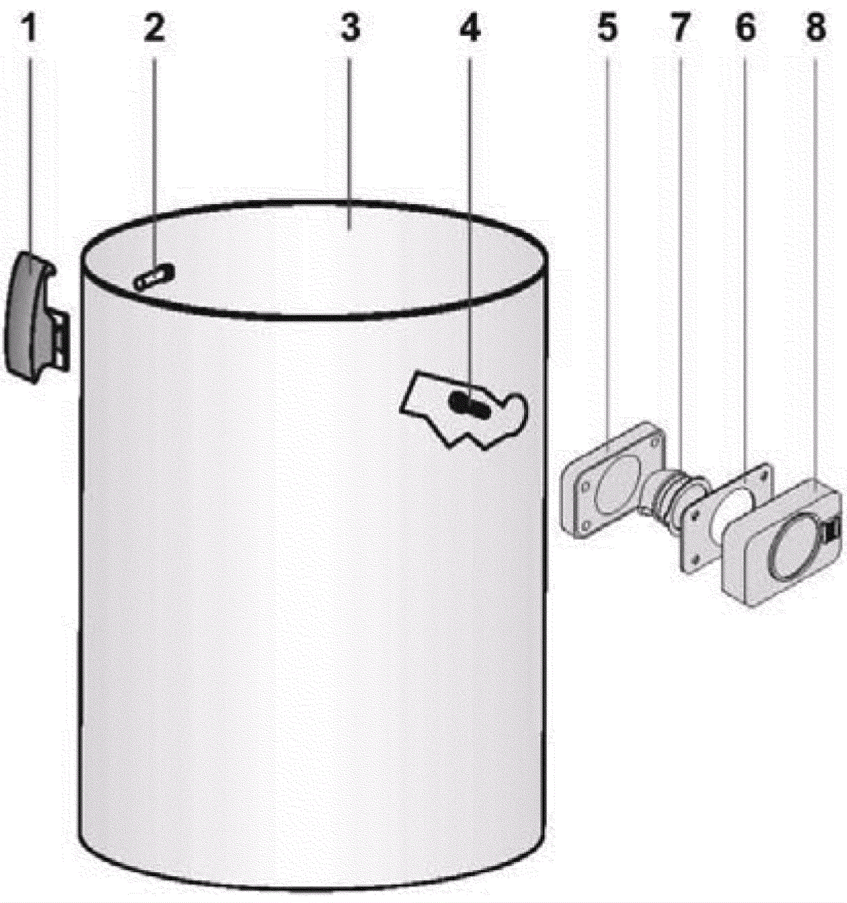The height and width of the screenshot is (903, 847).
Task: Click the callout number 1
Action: tap(30, 28)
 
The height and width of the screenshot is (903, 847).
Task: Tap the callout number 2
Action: tap(155, 28)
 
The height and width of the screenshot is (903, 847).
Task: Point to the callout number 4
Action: tap(470, 28)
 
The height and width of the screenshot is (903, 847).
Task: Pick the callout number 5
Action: tap(607, 28)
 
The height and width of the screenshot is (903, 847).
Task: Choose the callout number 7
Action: tap(680, 28)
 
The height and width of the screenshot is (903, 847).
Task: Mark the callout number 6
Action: tap(746, 28)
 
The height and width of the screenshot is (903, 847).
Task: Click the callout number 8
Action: tap(816, 28)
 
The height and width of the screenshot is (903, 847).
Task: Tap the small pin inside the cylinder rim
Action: tap(154, 276)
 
